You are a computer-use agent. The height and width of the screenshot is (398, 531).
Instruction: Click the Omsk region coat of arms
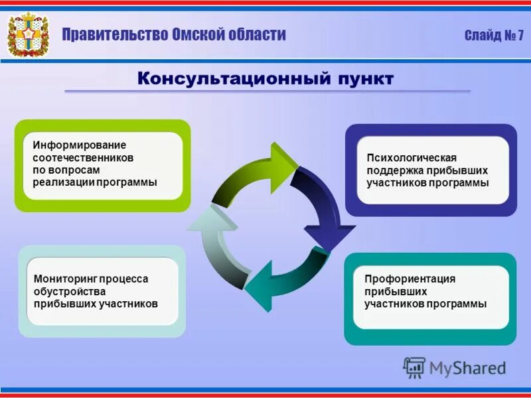(28, 34)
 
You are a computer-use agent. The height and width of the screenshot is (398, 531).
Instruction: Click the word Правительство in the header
(115, 34)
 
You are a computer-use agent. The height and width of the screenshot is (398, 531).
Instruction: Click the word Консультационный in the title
(226, 79)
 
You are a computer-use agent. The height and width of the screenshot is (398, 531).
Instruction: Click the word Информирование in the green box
(79, 145)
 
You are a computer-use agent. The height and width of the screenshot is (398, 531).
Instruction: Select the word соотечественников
(83, 158)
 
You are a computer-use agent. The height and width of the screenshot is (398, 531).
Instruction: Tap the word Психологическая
(412, 157)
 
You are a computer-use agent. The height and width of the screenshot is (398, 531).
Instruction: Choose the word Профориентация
(410, 279)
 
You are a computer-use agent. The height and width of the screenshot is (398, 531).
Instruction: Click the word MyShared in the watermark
(467, 367)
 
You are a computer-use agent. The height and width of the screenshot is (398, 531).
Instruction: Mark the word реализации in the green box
(64, 182)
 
